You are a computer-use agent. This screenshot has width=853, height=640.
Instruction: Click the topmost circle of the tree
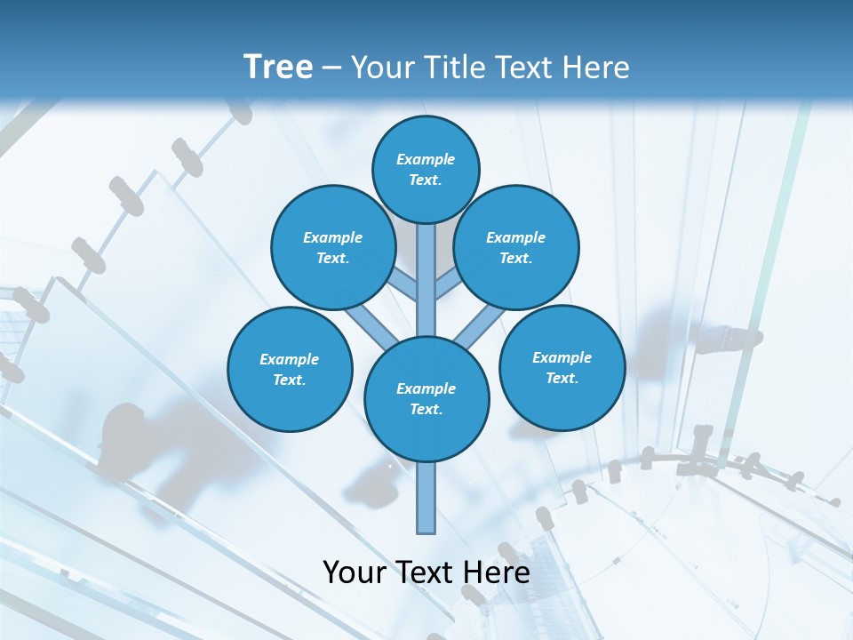click(426, 169)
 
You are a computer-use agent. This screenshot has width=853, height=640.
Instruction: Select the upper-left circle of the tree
click(332, 247)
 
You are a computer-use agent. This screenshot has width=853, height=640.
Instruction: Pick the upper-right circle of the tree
click(516, 247)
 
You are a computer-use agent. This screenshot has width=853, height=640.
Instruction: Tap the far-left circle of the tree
click(290, 369)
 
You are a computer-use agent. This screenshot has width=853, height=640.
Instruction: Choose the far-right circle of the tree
click(562, 367)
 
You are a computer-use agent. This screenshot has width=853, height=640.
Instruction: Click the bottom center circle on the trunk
click(426, 399)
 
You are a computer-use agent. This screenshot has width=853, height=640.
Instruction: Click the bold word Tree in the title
click(278, 67)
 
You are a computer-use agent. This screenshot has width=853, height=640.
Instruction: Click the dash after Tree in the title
click(331, 68)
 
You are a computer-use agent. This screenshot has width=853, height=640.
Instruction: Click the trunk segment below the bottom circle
click(426, 498)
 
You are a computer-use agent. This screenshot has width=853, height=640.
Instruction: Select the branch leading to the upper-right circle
click(447, 286)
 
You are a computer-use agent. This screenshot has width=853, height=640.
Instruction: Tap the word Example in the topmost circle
click(426, 159)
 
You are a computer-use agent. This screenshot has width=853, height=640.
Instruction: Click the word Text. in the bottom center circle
click(426, 409)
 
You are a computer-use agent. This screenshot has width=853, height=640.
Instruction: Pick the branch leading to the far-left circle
click(371, 324)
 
